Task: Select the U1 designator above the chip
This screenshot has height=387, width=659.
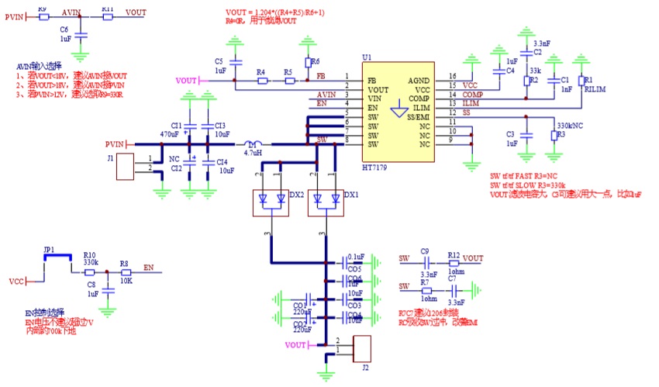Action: tap(367, 58)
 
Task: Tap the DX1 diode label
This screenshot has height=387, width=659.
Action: tap(350, 195)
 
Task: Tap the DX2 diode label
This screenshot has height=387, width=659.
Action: tap(295, 195)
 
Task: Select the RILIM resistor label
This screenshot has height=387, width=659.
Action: tap(593, 88)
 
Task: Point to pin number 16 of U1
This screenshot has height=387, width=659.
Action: tap(452, 76)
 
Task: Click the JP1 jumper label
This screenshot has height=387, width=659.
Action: tap(50, 249)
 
